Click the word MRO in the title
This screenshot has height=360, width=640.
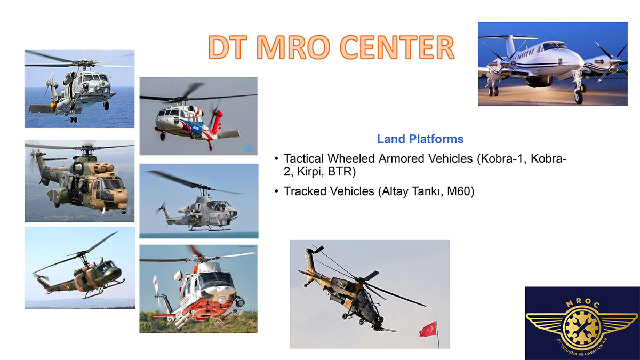click(x=295, y=47)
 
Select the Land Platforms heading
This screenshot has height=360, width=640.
click(x=420, y=139)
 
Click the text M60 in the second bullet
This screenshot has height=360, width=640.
click(x=459, y=191)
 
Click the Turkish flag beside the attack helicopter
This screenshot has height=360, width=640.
click(x=428, y=329)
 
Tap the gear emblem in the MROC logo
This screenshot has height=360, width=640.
click(x=582, y=327)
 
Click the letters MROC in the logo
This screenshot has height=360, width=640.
click(x=582, y=303)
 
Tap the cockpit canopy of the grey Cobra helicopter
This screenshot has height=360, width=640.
click(x=218, y=205)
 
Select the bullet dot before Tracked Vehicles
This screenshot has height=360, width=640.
click(x=276, y=191)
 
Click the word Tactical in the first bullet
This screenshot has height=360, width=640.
click(x=303, y=158)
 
